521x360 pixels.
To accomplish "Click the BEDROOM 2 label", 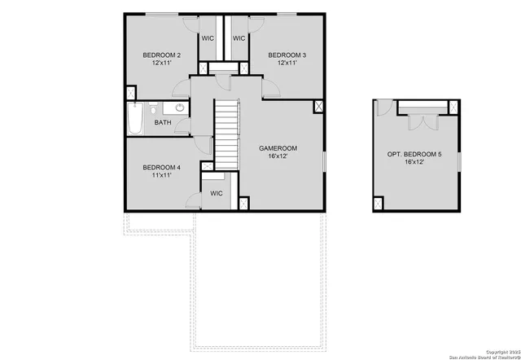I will (x=160, y=55).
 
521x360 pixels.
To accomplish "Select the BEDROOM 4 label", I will (x=160, y=167).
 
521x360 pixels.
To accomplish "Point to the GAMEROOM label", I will (x=278, y=148).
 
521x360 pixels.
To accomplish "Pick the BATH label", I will (x=163, y=123).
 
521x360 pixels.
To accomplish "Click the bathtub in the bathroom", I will (x=135, y=119).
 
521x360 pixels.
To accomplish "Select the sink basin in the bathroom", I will (x=178, y=108).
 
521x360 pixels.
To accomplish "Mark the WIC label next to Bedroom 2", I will (x=208, y=37).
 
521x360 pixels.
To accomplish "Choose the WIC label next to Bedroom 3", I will (x=239, y=37).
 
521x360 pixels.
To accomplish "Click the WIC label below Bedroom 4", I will (x=216, y=193).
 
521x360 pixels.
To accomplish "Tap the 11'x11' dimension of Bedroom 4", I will (x=160, y=175).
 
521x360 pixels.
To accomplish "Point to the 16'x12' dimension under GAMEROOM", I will (x=278, y=156).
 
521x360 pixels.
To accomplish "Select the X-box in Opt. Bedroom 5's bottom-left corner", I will (x=379, y=203).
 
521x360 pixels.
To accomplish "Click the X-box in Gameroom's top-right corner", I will (x=318, y=105).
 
